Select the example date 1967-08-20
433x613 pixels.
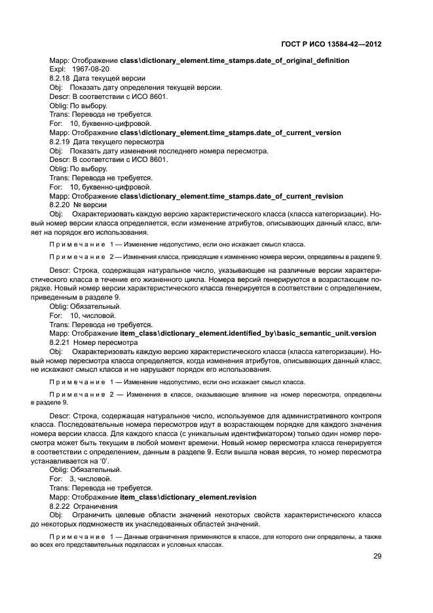[x=91, y=69]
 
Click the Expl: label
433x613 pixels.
[x=58, y=69]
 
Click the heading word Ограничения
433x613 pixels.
[x=96, y=506]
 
